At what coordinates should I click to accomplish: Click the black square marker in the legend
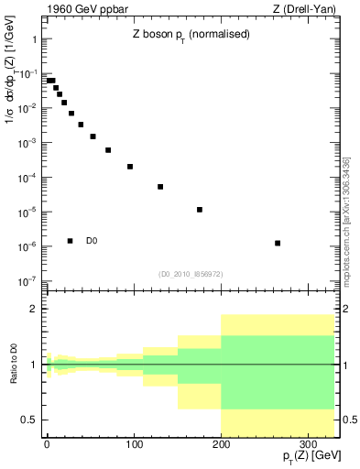[x=71, y=241]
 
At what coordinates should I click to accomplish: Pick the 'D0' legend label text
[x=92, y=241]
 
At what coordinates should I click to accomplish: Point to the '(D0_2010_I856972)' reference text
[x=190, y=274]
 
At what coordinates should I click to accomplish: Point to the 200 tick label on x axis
[x=221, y=443]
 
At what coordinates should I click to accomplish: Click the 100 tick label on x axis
[x=134, y=443]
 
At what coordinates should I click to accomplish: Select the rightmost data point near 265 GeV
[x=278, y=243]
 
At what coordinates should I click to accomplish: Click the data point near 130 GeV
[x=160, y=187]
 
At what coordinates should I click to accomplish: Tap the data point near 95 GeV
[x=130, y=167]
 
